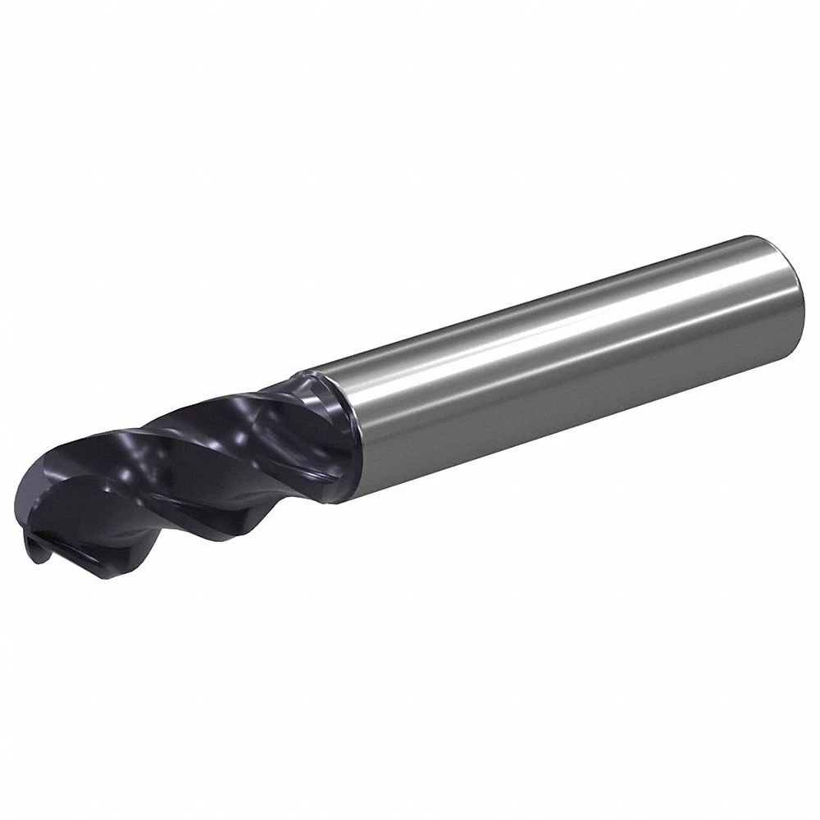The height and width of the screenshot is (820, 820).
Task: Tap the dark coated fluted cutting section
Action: click(x=189, y=459)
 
